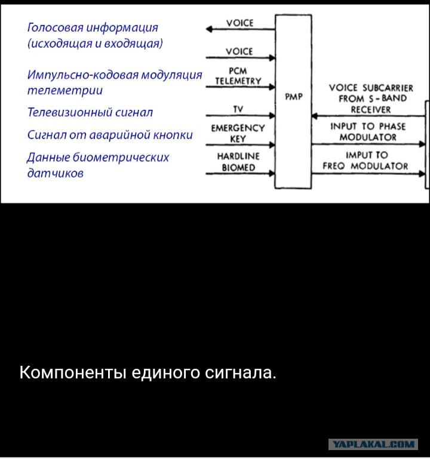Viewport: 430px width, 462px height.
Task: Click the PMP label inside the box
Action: [294, 97]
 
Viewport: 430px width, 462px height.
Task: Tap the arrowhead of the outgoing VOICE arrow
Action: [208, 29]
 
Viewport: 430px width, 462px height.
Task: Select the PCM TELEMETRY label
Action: [238, 76]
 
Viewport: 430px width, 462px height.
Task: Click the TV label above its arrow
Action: [238, 109]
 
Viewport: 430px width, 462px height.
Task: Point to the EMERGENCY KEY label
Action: [238, 133]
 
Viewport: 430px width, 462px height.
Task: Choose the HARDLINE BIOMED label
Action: [238, 162]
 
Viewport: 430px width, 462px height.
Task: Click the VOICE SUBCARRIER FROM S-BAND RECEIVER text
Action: [371, 98]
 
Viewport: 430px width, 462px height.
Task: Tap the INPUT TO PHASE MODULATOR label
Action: [368, 132]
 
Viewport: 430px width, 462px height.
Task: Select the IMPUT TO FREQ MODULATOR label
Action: [365, 161]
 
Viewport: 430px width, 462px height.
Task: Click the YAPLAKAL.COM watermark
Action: [373, 444]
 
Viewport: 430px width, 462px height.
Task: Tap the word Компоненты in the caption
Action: [73, 372]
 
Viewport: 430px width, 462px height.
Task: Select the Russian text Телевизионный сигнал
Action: [90, 112]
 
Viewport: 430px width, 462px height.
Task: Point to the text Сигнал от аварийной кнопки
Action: [110, 135]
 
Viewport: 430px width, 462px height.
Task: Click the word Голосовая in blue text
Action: [55, 27]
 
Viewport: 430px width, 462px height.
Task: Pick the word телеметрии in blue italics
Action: [65, 90]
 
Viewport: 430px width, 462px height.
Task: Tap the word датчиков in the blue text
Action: [55, 173]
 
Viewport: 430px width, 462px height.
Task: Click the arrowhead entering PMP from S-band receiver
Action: [315, 116]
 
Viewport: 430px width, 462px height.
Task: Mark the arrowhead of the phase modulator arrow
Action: [422, 144]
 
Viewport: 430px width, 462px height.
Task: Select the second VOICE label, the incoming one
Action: [239, 51]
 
